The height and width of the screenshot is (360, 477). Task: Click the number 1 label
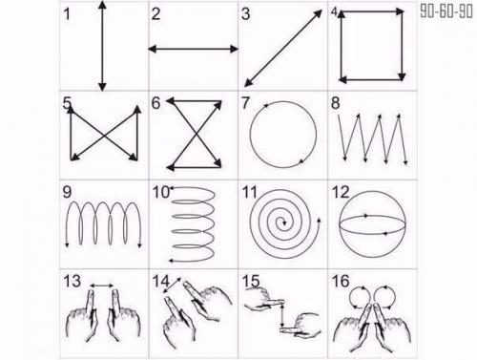click(x=67, y=14)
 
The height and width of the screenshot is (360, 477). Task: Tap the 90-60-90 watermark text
click(x=446, y=11)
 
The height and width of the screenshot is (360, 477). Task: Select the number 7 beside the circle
click(x=245, y=103)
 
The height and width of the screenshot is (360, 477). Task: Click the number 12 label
click(x=341, y=192)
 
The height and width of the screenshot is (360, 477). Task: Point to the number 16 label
click(x=341, y=281)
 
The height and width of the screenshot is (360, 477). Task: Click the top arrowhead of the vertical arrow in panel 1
click(x=102, y=6)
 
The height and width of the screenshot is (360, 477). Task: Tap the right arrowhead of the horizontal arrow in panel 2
click(x=234, y=49)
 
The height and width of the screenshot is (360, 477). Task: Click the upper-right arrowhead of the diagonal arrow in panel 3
click(x=318, y=14)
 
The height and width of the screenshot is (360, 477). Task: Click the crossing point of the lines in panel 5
click(x=105, y=136)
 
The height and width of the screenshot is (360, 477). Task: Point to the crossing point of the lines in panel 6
click(x=194, y=134)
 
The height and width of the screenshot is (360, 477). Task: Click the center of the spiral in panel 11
click(x=283, y=222)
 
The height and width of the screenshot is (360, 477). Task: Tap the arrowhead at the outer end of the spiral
click(x=319, y=221)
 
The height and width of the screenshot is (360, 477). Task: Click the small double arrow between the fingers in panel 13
click(x=102, y=286)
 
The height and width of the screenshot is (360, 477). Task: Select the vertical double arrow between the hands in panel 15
click(x=282, y=315)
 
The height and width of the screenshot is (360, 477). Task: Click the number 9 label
click(x=67, y=192)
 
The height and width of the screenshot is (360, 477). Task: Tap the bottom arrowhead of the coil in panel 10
click(x=171, y=261)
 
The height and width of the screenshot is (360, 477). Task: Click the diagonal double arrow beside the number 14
click(x=172, y=286)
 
